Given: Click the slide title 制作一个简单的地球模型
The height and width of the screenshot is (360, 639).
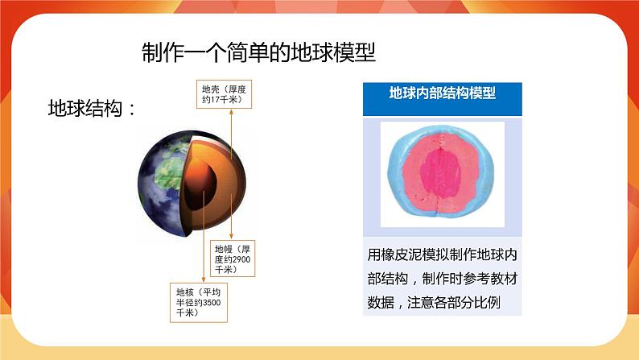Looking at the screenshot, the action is tap(258, 52).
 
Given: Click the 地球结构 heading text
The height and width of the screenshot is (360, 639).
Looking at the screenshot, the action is tap(85, 109).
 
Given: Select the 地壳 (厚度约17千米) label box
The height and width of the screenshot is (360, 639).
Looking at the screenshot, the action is tap(225, 94).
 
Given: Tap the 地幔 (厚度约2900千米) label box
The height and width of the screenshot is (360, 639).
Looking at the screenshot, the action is tap(233, 259).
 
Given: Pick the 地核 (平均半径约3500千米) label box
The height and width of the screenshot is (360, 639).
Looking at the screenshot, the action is tap(199, 303).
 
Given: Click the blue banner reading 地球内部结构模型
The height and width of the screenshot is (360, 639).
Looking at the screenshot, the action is tap(442, 99).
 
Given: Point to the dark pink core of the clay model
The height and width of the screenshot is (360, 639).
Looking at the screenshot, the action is tap(440, 173).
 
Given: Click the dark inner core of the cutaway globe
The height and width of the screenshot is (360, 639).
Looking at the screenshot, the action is tap(200, 184).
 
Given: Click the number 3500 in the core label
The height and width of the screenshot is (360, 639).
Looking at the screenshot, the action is tap(212, 303).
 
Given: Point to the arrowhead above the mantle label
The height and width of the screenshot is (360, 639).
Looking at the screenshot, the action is tap(231, 237).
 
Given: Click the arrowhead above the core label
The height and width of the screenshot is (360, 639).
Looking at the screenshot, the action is tap(204, 279).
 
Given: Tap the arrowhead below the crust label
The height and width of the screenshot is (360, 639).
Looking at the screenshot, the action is tap(231, 112).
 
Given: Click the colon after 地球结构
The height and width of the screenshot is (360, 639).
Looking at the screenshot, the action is tap(132, 110).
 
